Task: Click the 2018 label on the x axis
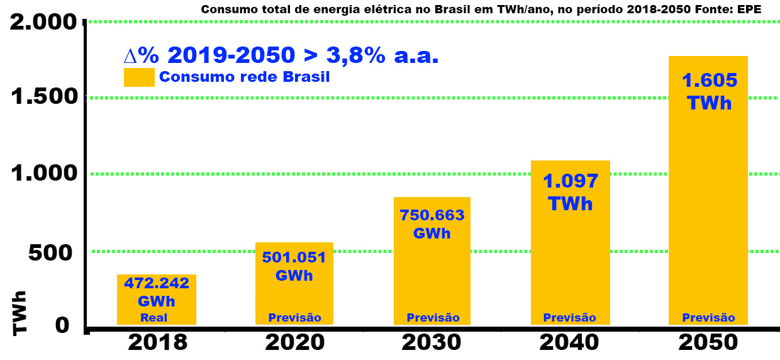tap(157, 342)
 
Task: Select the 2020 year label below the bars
tap(294, 342)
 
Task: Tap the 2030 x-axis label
tap(432, 342)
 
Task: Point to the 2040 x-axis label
tap(569, 342)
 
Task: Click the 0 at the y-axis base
tap(62, 325)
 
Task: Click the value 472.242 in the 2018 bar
tap(157, 283)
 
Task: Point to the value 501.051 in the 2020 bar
tap(294, 257)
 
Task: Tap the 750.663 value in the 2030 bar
tap(432, 215)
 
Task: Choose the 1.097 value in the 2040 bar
tap(570, 181)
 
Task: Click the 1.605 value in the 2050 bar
tap(709, 80)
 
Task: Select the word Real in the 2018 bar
tap(153, 318)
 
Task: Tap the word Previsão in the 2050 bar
tap(708, 318)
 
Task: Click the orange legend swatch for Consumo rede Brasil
tap(139, 77)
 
